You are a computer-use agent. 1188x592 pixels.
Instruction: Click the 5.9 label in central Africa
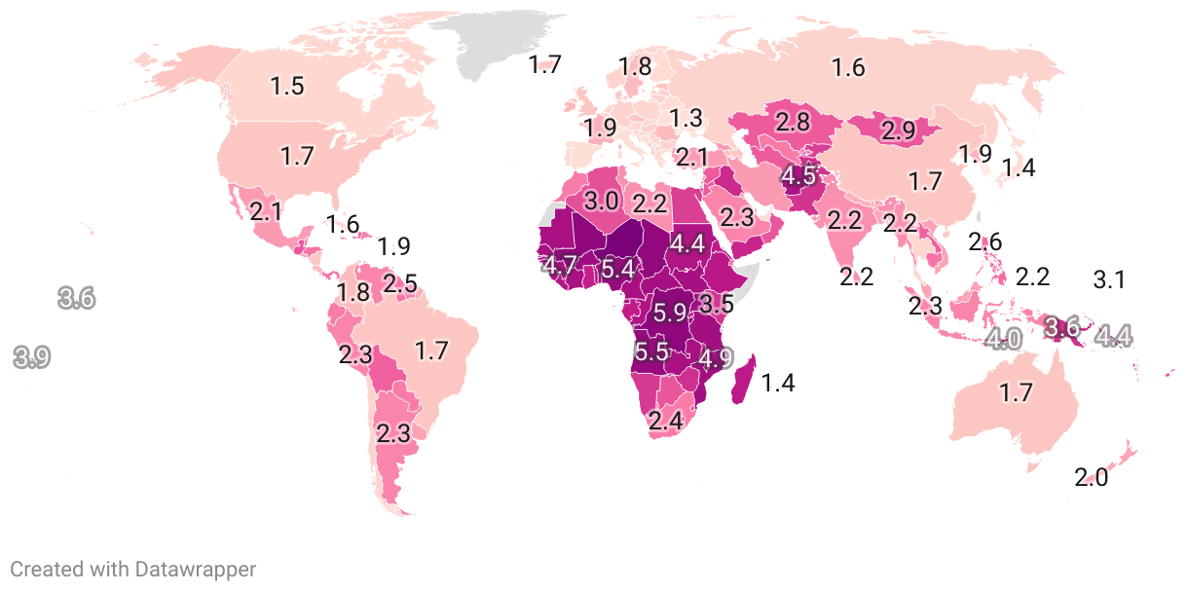670,314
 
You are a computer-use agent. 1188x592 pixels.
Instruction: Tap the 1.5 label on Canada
287,86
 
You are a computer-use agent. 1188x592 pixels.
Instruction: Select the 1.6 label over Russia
848,67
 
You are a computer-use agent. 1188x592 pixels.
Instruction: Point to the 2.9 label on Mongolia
896,129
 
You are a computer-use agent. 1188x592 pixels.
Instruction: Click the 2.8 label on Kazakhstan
793,123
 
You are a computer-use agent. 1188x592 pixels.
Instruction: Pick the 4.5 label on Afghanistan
798,177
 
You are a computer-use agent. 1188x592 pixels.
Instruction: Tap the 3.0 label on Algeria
601,202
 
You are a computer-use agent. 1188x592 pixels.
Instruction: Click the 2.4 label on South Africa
666,422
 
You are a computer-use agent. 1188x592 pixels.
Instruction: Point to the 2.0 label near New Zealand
1092,478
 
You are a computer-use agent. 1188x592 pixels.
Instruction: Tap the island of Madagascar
742,382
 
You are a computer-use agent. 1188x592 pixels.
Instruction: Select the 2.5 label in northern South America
399,285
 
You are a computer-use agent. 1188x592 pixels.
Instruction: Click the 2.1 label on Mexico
266,211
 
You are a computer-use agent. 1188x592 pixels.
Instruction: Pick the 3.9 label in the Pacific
31,357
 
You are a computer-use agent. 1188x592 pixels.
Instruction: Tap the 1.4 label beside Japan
1019,167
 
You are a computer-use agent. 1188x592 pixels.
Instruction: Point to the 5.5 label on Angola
650,351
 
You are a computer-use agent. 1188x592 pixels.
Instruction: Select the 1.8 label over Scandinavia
635,67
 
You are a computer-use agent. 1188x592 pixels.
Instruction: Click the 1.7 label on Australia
1016,393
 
